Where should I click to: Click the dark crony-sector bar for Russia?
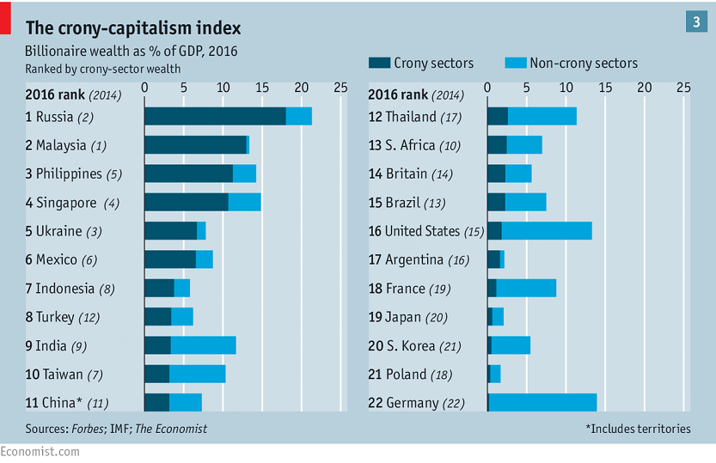pyautogui.click(x=215, y=117)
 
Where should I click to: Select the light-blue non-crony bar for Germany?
pyautogui.click(x=542, y=402)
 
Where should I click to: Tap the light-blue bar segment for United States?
pyautogui.click(x=547, y=231)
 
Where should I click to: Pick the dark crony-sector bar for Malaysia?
pyautogui.click(x=195, y=145)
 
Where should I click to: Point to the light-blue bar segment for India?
pyautogui.click(x=204, y=345)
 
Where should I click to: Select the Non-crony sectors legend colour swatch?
pyautogui.click(x=514, y=63)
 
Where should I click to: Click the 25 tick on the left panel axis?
pyautogui.click(x=340, y=88)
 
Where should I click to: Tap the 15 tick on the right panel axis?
pyautogui.click(x=605, y=88)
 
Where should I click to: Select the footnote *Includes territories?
pyautogui.click(x=638, y=428)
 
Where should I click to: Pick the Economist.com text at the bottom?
pyautogui.click(x=34, y=453)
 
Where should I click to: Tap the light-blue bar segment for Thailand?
pyautogui.click(x=542, y=117)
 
